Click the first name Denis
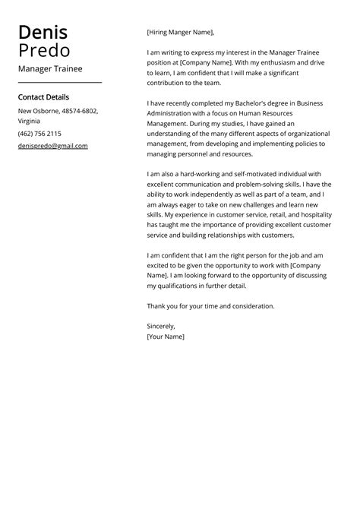click(43, 33)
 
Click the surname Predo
click(44, 51)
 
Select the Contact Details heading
click(43, 97)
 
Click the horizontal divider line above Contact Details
click(59, 81)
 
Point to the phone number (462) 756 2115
click(39, 134)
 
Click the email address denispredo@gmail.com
click(52, 146)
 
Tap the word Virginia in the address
click(30, 121)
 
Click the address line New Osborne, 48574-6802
click(58, 111)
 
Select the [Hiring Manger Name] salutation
click(180, 32)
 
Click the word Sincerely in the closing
click(160, 325)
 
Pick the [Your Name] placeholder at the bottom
click(165, 336)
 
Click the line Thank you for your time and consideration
click(210, 306)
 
